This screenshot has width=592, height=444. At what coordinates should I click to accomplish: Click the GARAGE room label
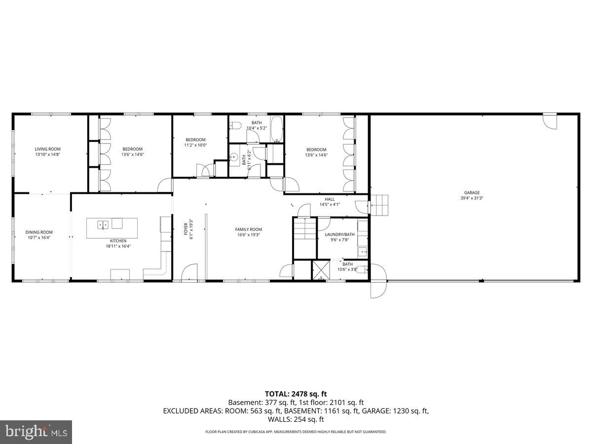[x=471, y=193]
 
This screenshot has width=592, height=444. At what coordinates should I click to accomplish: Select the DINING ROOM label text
[x=39, y=232]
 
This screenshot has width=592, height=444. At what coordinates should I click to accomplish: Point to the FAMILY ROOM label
[x=248, y=229]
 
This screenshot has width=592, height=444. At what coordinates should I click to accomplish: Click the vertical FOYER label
[x=186, y=229]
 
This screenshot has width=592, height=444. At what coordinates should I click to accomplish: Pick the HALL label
[x=330, y=199]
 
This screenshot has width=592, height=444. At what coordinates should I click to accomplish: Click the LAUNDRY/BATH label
[x=339, y=234]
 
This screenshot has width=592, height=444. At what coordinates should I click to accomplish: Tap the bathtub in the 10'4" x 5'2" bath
[x=276, y=129]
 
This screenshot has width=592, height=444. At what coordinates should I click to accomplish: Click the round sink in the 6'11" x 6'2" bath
[x=233, y=157]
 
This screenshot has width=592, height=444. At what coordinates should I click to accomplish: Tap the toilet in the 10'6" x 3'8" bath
[x=362, y=269]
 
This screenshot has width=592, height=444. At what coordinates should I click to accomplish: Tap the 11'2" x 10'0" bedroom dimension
[x=195, y=145]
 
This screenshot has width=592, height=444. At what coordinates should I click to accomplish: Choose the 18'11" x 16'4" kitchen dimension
[x=118, y=246]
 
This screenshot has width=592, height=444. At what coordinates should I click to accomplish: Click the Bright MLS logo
[x=36, y=432]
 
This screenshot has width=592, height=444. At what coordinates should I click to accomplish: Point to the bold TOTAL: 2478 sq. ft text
[x=296, y=394]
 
